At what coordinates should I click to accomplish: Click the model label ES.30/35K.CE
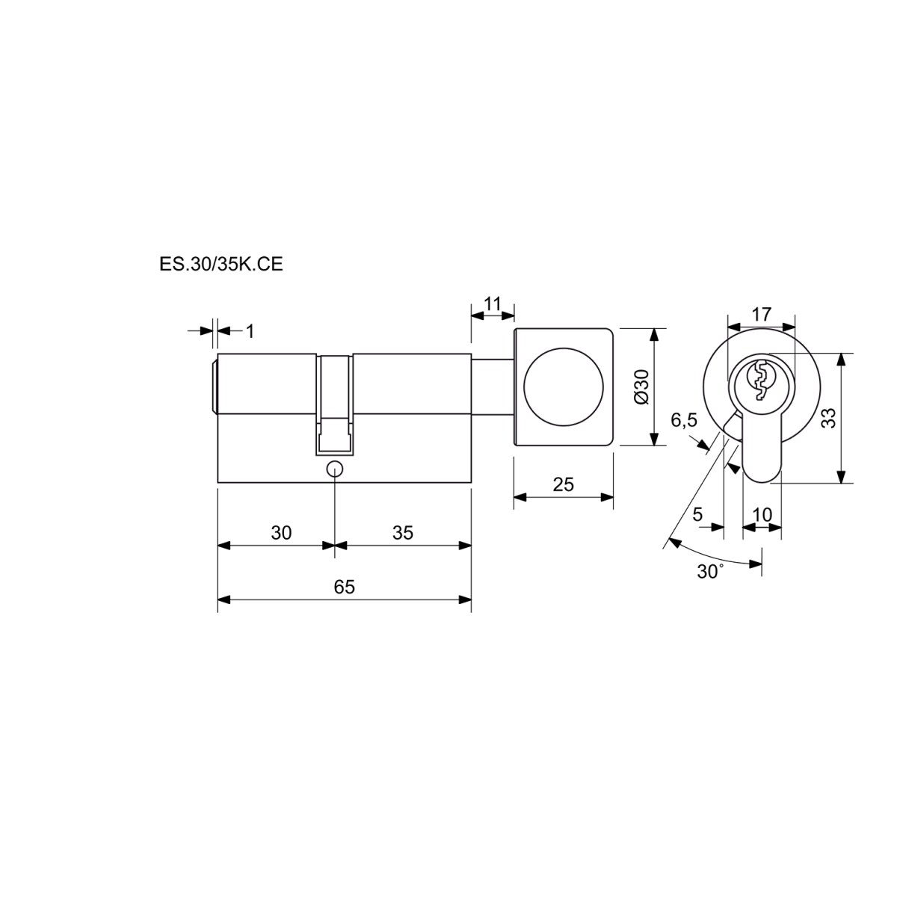point(221,265)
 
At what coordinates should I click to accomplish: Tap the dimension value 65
point(345,587)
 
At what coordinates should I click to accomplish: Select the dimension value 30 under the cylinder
point(281,533)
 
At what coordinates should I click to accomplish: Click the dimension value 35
point(403,533)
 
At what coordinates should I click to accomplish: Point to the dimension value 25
point(564,484)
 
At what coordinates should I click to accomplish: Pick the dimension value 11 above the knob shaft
point(492,303)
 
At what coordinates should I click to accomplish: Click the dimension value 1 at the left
point(250,331)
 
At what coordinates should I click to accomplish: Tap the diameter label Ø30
point(641,386)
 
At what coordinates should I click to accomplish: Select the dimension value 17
point(762,315)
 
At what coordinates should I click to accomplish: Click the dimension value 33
point(829,418)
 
